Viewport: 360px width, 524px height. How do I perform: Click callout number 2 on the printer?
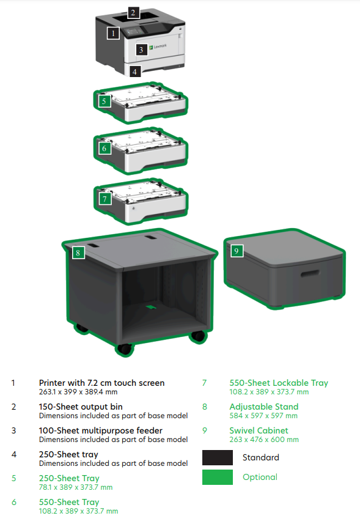tap(133, 13)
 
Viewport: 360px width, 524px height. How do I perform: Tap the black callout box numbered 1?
tap(113, 33)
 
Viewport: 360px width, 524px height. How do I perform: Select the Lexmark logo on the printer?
tap(158, 46)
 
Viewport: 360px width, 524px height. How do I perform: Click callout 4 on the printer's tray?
tap(134, 71)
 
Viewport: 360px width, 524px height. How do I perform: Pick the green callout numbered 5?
tap(104, 101)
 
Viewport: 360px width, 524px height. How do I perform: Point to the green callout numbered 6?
tap(104, 148)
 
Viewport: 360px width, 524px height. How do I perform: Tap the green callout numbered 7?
tap(105, 199)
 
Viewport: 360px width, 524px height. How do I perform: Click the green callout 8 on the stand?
tap(78, 253)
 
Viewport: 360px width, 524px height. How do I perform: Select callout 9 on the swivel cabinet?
tap(237, 251)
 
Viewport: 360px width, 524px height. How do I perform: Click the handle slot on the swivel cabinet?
tap(310, 274)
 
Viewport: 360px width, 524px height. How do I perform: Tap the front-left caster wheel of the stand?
tap(125, 349)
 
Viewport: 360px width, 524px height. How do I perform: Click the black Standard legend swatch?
tap(218, 457)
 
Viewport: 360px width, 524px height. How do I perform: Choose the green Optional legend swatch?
tap(218, 477)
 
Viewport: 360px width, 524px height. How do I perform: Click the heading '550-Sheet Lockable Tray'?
tap(279, 383)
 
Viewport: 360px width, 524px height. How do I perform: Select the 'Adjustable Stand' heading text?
tap(264, 407)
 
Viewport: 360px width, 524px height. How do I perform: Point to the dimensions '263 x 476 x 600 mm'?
tap(264, 440)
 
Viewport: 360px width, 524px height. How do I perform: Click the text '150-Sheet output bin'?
tap(81, 407)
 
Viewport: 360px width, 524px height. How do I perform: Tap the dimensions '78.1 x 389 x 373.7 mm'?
tap(76, 487)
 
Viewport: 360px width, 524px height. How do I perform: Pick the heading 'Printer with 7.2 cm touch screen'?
tap(102, 383)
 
